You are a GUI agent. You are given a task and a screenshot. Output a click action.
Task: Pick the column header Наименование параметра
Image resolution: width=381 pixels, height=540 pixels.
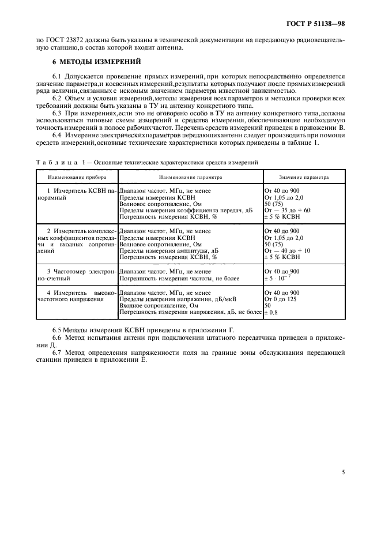pyautogui.click(x=191, y=178)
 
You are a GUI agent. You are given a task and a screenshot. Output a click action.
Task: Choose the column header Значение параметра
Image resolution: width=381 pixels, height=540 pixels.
pyautogui.click(x=304, y=178)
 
